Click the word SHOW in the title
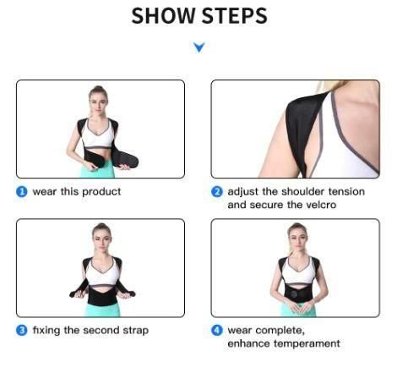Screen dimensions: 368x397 point(163,16)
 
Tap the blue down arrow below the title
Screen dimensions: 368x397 point(198,47)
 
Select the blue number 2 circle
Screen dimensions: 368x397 point(217,192)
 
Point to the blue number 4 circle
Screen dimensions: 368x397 point(217,330)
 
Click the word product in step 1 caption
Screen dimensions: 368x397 point(101,192)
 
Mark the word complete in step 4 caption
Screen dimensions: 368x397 point(275,330)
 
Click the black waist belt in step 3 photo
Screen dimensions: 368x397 point(101,296)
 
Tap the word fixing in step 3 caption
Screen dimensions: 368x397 point(46,330)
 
